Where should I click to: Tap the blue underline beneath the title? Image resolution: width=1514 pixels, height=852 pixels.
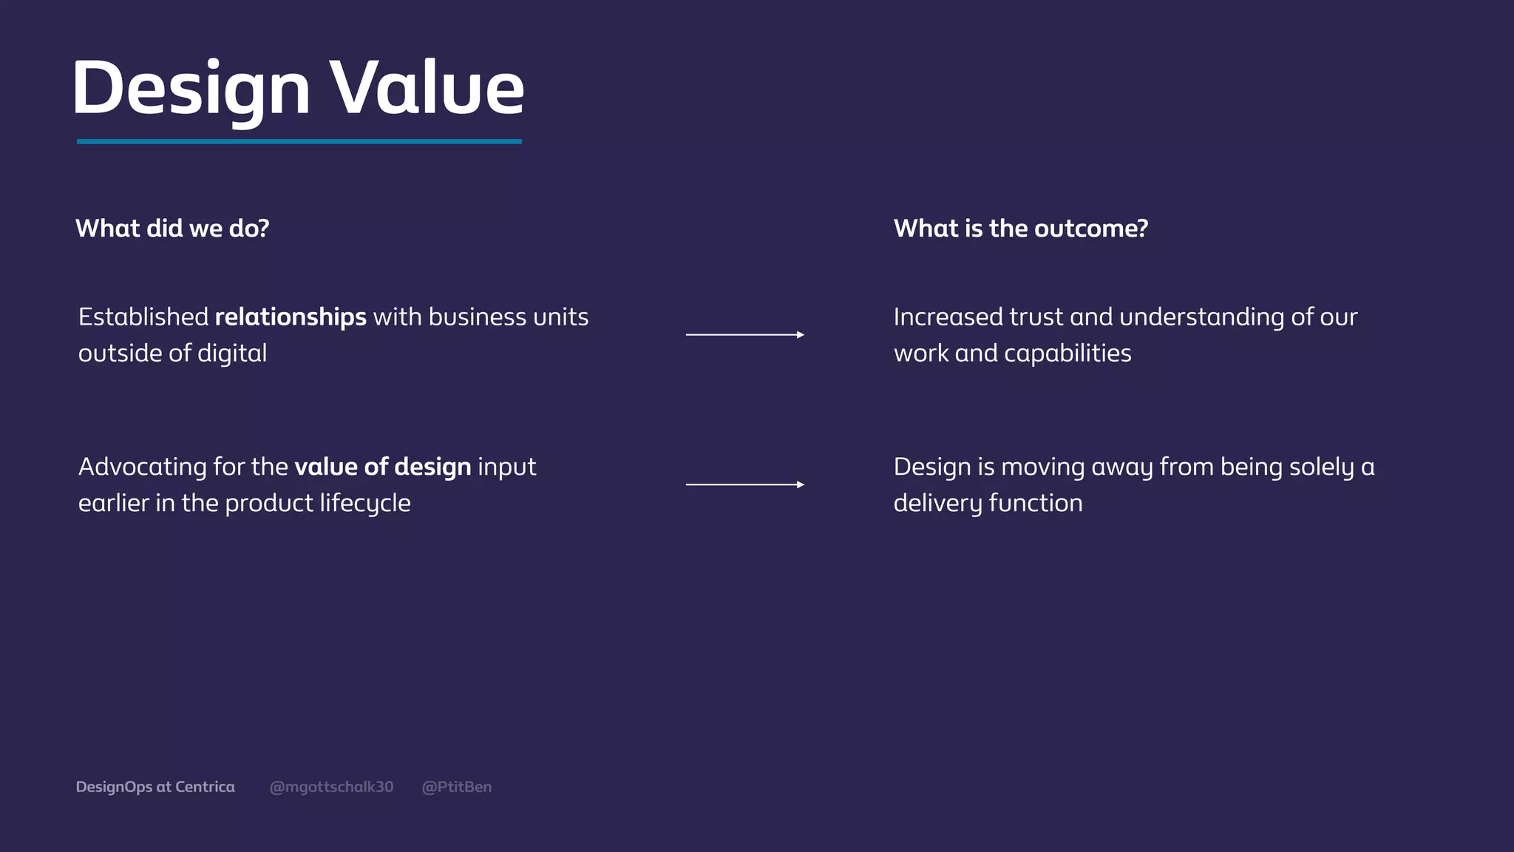(299, 141)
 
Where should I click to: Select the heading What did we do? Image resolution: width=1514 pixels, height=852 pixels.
(172, 229)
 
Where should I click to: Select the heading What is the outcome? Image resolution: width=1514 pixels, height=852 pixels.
(1020, 229)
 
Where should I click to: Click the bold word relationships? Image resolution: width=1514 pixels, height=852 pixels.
(291, 317)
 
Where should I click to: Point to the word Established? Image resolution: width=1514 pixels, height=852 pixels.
(143, 317)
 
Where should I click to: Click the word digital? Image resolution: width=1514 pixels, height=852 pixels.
(232, 354)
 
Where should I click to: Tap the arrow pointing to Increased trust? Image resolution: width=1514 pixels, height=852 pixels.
(744, 335)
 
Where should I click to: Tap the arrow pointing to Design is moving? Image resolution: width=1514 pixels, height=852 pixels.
(744, 484)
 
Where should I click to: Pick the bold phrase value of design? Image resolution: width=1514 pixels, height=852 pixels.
(382, 467)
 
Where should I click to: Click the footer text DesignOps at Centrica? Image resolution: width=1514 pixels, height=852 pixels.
(155, 787)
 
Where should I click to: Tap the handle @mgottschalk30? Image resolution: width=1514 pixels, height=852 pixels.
(331, 787)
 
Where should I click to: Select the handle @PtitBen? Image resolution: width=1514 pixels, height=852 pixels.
(456, 787)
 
